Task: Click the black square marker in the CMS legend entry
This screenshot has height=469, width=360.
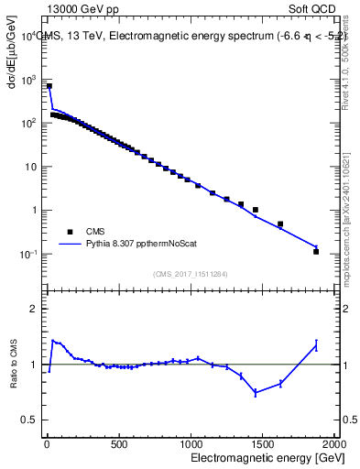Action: pos(67,232)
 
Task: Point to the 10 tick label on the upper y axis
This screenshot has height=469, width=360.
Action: pos(31,167)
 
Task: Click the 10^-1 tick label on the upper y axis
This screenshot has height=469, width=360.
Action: pos(29,253)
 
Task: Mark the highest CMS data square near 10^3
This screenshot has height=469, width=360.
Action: pos(49,86)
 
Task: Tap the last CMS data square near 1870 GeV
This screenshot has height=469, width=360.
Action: pos(316,251)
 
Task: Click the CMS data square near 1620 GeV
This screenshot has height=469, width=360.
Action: pos(280,224)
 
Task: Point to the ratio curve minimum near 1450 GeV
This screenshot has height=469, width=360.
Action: pos(256,392)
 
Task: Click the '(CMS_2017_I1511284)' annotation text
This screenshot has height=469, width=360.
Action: pos(190,273)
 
